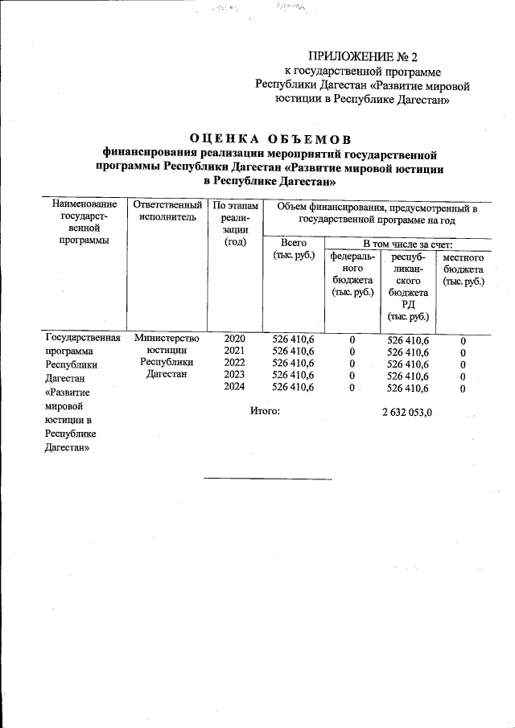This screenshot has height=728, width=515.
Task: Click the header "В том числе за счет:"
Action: pos(407,243)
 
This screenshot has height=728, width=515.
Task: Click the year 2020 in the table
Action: pos(234,339)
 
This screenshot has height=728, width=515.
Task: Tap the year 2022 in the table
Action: pos(234,364)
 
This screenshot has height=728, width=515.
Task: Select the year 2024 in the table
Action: pos(234,388)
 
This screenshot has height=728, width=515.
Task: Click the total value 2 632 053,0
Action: pos(407,413)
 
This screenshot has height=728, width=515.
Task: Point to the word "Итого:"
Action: pos(266,411)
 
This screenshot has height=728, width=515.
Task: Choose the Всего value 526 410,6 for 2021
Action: pos(293,352)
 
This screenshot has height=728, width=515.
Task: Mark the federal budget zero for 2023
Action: pos(352,376)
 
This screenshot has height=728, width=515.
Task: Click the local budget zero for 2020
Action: pos(463,341)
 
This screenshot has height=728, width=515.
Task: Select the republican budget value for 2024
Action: pos(408,389)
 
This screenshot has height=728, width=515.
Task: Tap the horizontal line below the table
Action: pos(267,479)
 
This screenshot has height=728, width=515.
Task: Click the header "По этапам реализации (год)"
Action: pos(234,224)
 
